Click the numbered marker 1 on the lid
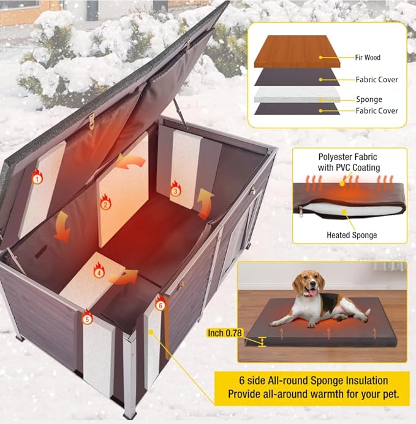38,179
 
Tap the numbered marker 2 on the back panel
105,204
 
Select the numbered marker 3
175,191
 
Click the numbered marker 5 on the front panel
87,319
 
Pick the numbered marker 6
160,304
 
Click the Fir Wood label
368,58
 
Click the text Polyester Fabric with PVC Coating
349,162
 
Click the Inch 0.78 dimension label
224,333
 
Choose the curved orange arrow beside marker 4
123,277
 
